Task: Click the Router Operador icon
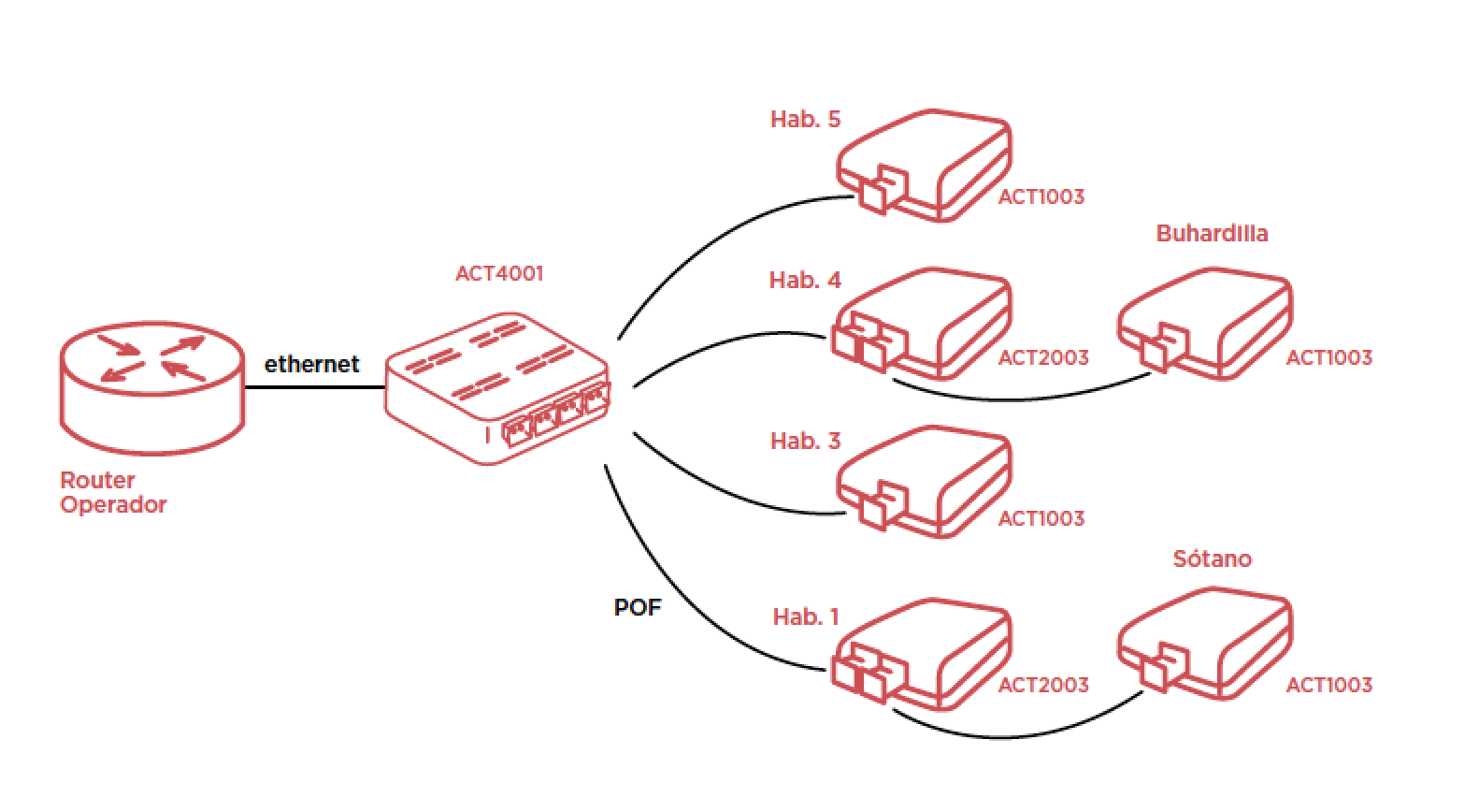(151, 388)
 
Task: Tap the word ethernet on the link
(311, 364)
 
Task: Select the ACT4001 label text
(498, 273)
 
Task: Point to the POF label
(637, 607)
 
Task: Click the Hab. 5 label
(805, 119)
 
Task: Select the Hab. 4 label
(805, 280)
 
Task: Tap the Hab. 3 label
(805, 441)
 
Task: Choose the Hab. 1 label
(805, 616)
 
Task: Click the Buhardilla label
(1212, 233)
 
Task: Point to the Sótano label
(1212, 558)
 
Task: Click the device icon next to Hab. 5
(924, 167)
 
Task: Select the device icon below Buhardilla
(1206, 326)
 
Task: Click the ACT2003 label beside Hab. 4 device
(1042, 357)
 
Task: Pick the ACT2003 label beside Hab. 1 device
(1042, 685)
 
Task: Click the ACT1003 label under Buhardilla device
(1328, 357)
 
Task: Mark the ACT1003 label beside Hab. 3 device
(1041, 518)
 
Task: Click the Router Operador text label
(112, 492)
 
